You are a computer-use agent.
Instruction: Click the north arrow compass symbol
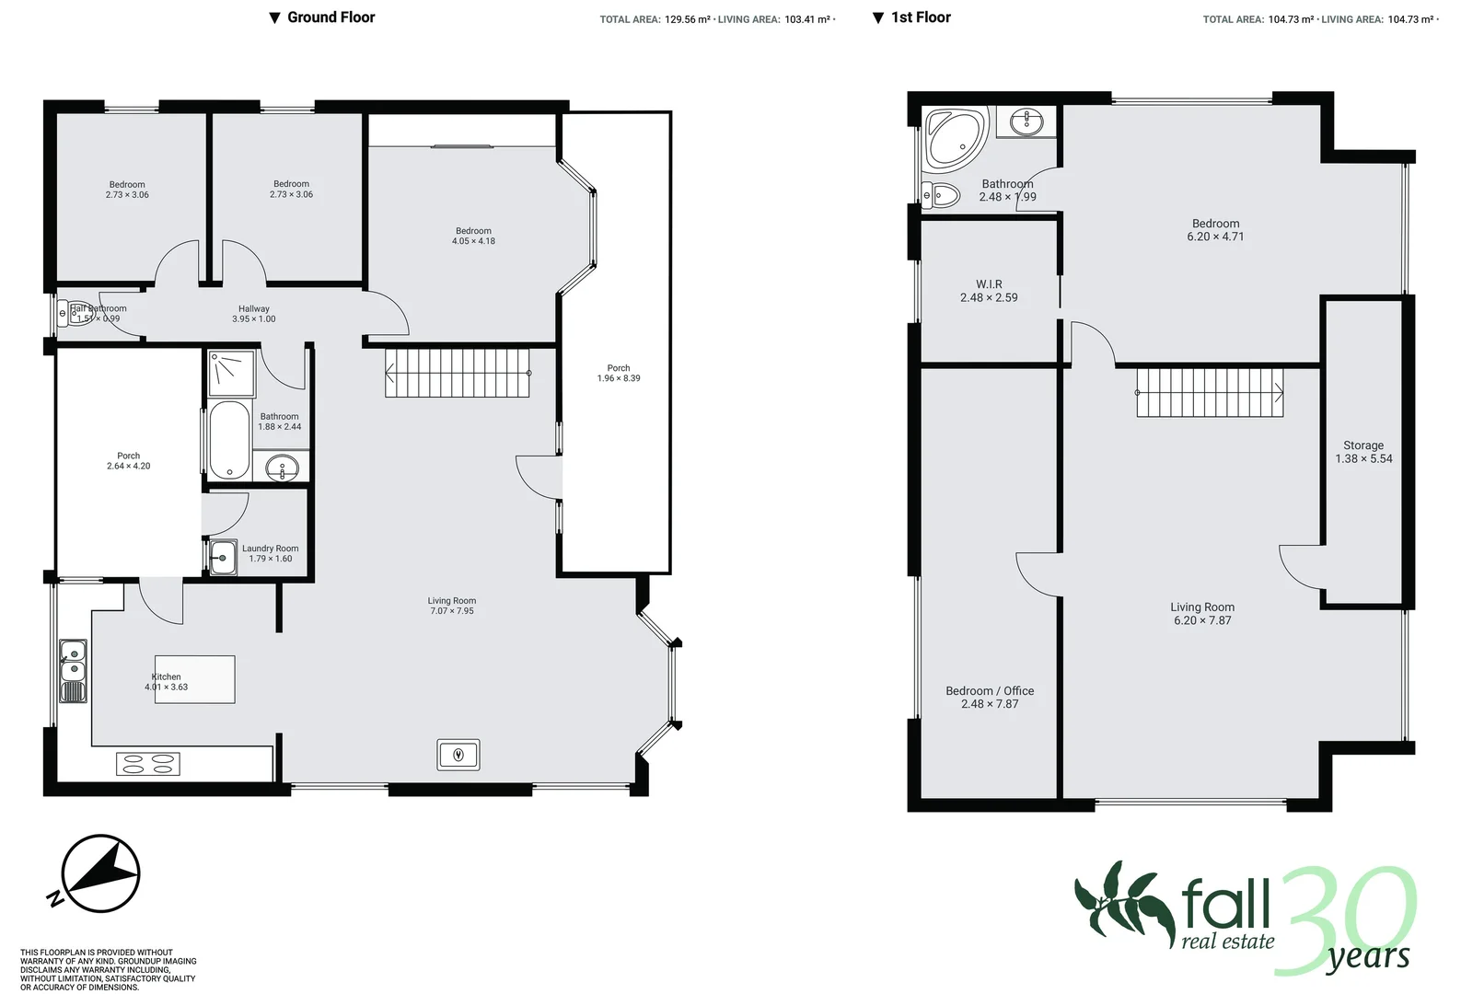click(100, 873)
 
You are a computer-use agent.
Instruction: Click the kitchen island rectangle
click(194, 679)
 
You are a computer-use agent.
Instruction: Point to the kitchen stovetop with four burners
click(148, 763)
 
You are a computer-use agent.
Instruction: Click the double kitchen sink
click(74, 661)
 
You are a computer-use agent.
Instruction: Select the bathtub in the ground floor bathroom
click(229, 440)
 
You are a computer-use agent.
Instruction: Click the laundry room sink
click(223, 557)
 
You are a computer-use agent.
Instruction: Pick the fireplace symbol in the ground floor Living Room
click(458, 755)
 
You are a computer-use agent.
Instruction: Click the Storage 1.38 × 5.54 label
click(1363, 452)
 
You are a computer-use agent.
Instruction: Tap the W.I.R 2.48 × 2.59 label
click(989, 291)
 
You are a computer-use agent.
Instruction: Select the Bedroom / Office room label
click(990, 697)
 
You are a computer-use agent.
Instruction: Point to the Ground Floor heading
click(330, 17)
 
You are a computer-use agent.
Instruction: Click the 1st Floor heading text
click(920, 17)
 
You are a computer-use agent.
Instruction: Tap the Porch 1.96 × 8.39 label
click(619, 373)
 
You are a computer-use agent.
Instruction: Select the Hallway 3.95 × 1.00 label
click(254, 314)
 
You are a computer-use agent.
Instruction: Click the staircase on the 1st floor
click(1209, 393)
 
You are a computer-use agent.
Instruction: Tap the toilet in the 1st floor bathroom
click(940, 194)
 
